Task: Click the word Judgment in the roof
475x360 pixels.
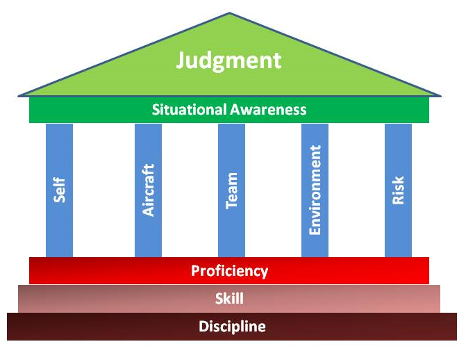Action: [x=228, y=60]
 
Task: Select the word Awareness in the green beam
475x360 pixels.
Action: [x=269, y=110]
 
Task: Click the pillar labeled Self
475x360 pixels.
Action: [x=59, y=229]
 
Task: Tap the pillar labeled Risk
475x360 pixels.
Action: [x=398, y=229]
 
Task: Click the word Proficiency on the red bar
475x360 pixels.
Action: [x=229, y=270]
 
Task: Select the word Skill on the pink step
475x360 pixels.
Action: [x=229, y=299]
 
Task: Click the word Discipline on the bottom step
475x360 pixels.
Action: [x=232, y=327]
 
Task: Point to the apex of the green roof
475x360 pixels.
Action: [x=228, y=14]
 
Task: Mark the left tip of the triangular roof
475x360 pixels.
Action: [x=19, y=95]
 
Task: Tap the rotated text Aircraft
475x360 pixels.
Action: [x=149, y=190]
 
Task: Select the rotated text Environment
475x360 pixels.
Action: [x=315, y=190]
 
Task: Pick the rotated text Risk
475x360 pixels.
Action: [x=399, y=190]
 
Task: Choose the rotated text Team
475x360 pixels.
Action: [x=232, y=190]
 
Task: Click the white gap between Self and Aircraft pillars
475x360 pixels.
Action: [x=103, y=190]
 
